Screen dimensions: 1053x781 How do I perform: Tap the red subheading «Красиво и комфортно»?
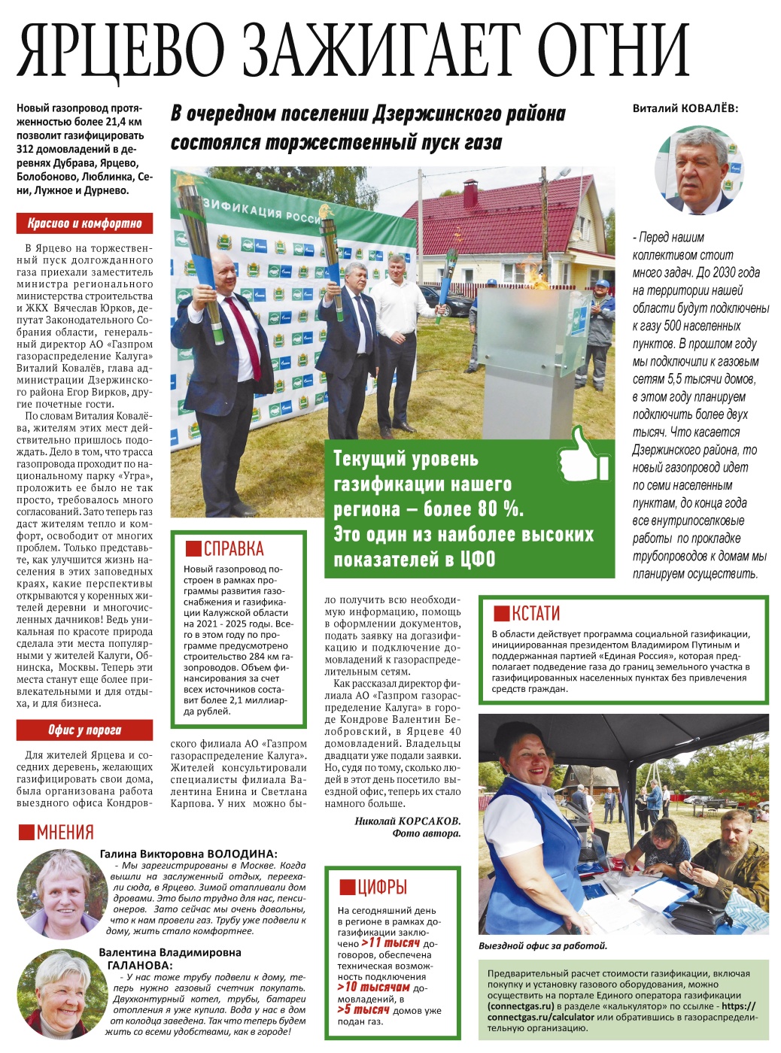coord(84,223)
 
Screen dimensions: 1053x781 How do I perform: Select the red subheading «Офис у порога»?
coord(84,730)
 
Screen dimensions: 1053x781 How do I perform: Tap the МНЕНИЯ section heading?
coord(56,833)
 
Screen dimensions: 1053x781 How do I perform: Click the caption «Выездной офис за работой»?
coord(542,945)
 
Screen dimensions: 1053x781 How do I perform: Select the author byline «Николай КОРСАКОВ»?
coord(407,821)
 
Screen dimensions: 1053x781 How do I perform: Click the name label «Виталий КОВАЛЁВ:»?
coord(685,108)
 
